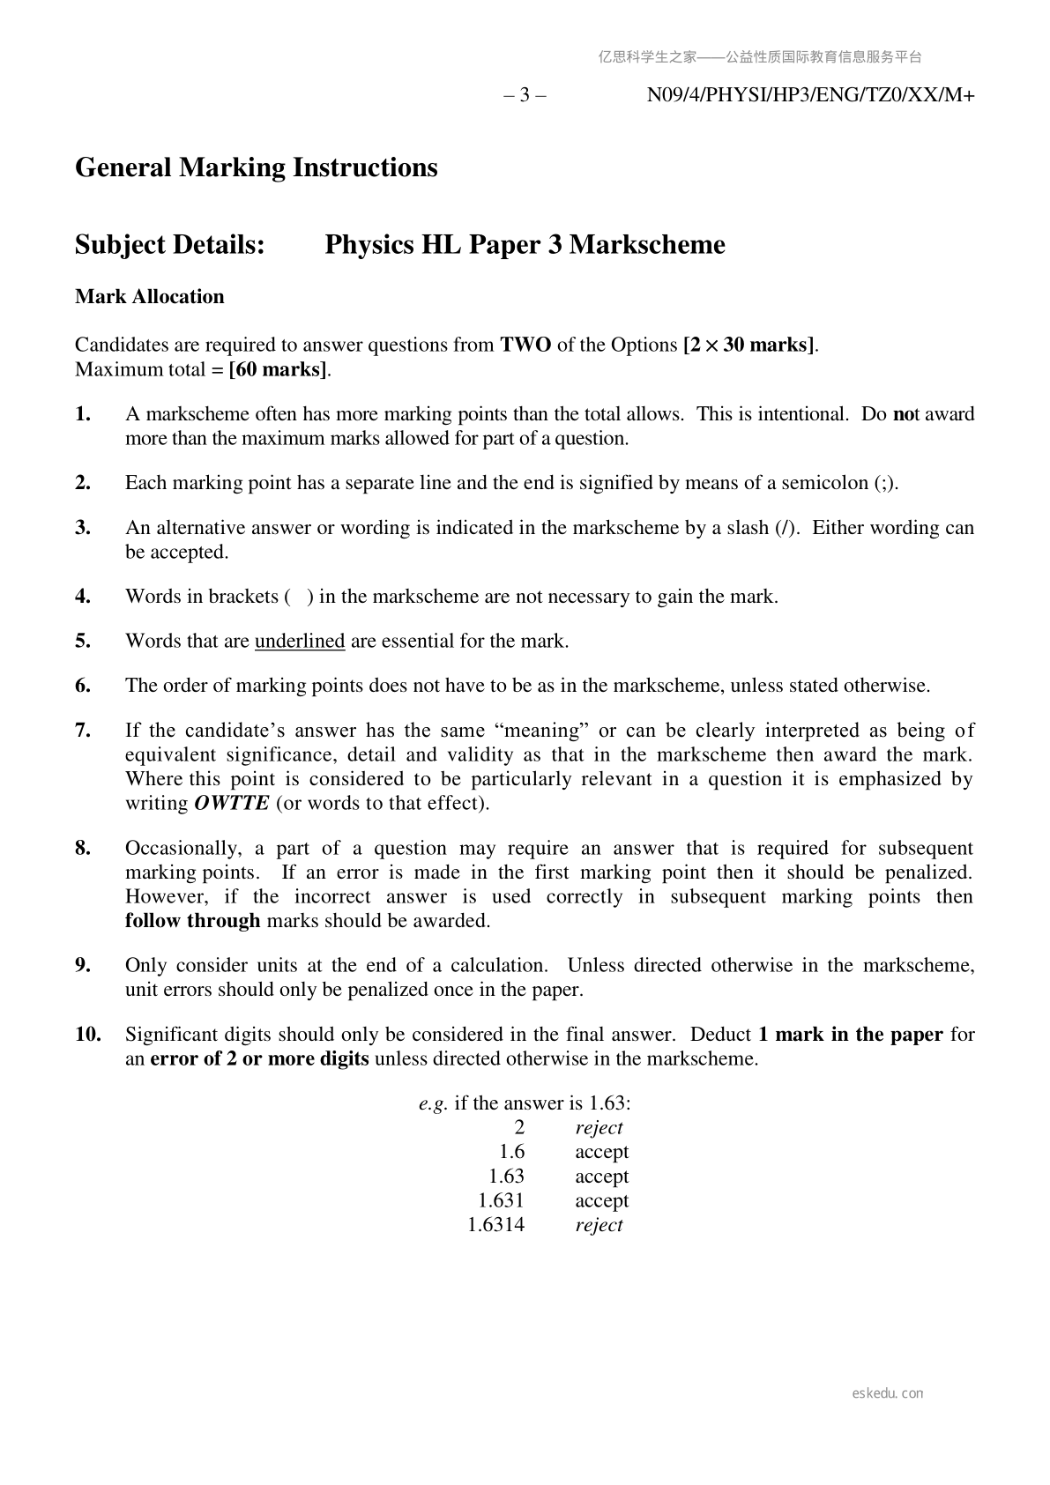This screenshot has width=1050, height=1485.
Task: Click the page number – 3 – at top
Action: tap(525, 95)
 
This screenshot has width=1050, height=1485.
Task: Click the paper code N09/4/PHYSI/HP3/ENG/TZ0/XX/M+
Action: tap(810, 95)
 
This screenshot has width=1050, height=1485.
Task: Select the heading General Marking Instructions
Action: tap(256, 167)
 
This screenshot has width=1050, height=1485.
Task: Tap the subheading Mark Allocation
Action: tap(149, 297)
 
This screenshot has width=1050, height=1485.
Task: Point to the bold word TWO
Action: tap(525, 345)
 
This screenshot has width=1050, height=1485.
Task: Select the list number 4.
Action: tap(83, 597)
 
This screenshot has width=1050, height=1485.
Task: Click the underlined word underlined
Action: tap(299, 641)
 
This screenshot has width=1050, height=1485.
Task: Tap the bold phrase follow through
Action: tap(192, 921)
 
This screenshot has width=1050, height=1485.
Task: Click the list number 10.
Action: tap(87, 1035)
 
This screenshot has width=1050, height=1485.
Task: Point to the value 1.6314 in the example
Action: tap(495, 1225)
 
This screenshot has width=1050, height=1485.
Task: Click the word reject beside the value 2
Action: tap(599, 1128)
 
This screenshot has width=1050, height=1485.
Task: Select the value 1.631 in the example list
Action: tap(501, 1200)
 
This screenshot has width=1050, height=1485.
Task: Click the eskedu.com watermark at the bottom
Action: tap(888, 1393)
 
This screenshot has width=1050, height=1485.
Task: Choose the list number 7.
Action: tap(83, 731)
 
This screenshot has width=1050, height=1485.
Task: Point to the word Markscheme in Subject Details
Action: tap(647, 245)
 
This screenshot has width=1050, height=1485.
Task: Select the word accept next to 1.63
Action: tap(601, 1177)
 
